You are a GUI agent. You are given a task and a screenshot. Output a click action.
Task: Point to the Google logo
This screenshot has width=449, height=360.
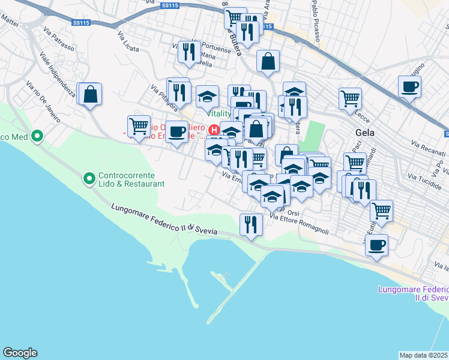[x=20, y=353]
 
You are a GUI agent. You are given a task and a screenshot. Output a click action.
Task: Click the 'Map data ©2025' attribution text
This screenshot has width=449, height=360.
[x=423, y=355]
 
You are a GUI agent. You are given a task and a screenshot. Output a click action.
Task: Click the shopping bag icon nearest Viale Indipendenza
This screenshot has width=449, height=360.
[x=90, y=94]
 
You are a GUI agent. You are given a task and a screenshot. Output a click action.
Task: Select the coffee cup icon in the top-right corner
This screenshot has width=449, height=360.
[x=409, y=86]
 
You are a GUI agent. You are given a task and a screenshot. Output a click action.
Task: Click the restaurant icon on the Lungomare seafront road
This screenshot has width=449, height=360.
[x=250, y=224]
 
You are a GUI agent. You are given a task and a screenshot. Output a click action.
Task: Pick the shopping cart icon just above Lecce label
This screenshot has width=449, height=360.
[x=350, y=98]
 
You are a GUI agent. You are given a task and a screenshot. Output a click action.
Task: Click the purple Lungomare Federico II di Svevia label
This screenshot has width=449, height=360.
[x=413, y=293]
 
